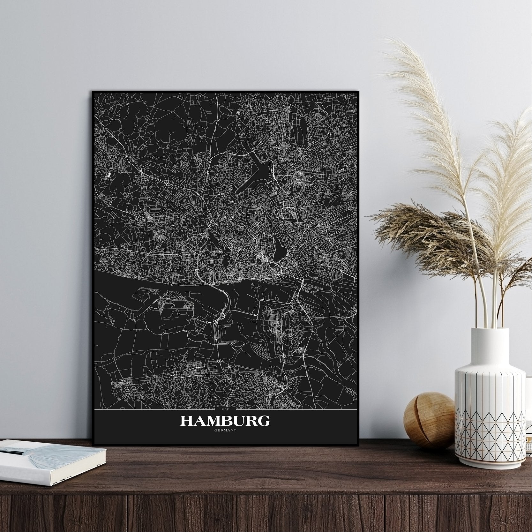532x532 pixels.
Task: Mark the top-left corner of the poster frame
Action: coord(93,92)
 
